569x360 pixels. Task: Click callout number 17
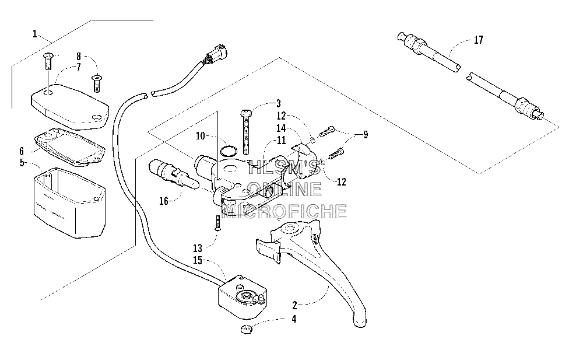point(478,40)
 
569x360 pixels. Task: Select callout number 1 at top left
point(35,34)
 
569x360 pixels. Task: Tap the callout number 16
point(164,201)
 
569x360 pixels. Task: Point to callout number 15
point(198,260)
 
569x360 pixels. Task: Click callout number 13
point(198,249)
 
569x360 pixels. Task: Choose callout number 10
point(201,136)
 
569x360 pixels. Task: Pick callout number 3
point(278,103)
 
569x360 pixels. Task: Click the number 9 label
point(366,135)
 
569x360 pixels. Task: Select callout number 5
point(23,163)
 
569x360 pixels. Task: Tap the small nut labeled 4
point(247,330)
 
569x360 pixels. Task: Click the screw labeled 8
point(97,83)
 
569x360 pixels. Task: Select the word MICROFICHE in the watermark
point(284,211)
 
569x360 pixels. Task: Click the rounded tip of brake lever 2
point(360,321)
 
